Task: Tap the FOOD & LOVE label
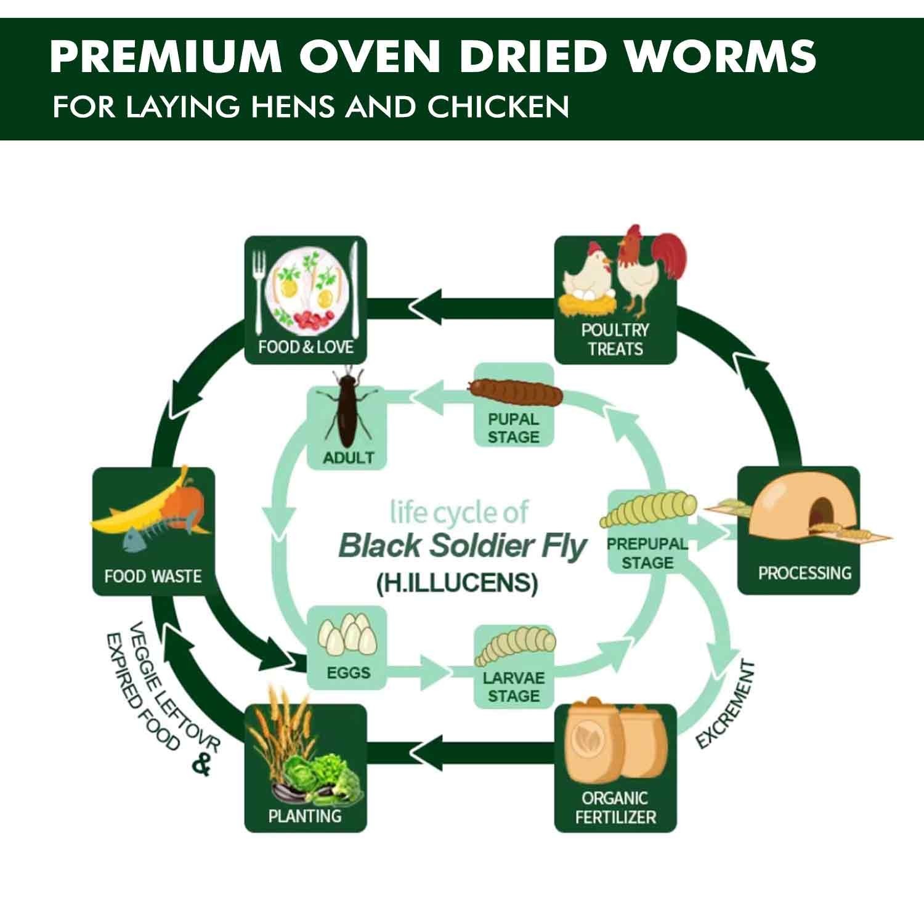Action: point(306,347)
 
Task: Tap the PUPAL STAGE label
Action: point(513,428)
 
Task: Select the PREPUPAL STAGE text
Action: point(647,553)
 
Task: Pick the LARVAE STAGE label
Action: point(514,687)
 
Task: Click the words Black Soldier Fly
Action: point(462,546)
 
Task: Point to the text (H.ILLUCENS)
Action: point(457,582)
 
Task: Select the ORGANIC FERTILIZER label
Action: point(615,807)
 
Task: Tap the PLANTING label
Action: point(305,816)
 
